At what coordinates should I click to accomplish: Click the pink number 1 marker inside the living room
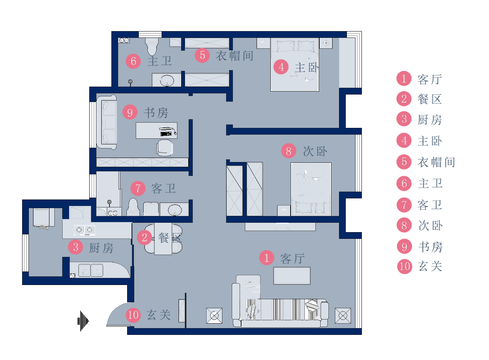tap(267, 258)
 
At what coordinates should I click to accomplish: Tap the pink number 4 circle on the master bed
tap(281, 67)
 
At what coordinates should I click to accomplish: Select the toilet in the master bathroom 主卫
tap(152, 46)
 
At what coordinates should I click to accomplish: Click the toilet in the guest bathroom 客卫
tap(133, 207)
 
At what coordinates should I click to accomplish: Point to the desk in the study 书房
tap(156, 130)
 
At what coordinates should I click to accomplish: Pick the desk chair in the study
tap(165, 148)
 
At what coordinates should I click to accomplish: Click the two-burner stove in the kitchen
tap(84, 230)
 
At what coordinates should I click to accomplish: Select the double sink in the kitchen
tap(91, 270)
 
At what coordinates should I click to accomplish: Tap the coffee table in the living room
tap(292, 276)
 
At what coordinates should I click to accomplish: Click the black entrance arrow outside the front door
tap(83, 321)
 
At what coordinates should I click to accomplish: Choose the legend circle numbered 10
tap(405, 266)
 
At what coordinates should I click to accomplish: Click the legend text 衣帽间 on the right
tap(436, 162)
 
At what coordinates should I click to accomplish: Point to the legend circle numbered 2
tap(404, 99)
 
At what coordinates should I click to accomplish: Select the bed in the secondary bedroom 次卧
tap(311, 189)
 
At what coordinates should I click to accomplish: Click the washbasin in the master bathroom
tap(167, 80)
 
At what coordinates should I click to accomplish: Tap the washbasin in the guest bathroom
tap(175, 210)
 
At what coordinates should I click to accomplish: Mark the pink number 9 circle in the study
tap(130, 112)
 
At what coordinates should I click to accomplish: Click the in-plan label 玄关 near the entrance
tap(159, 315)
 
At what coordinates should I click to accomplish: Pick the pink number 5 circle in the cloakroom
tap(202, 55)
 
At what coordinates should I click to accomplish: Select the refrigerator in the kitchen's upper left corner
tap(43, 217)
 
